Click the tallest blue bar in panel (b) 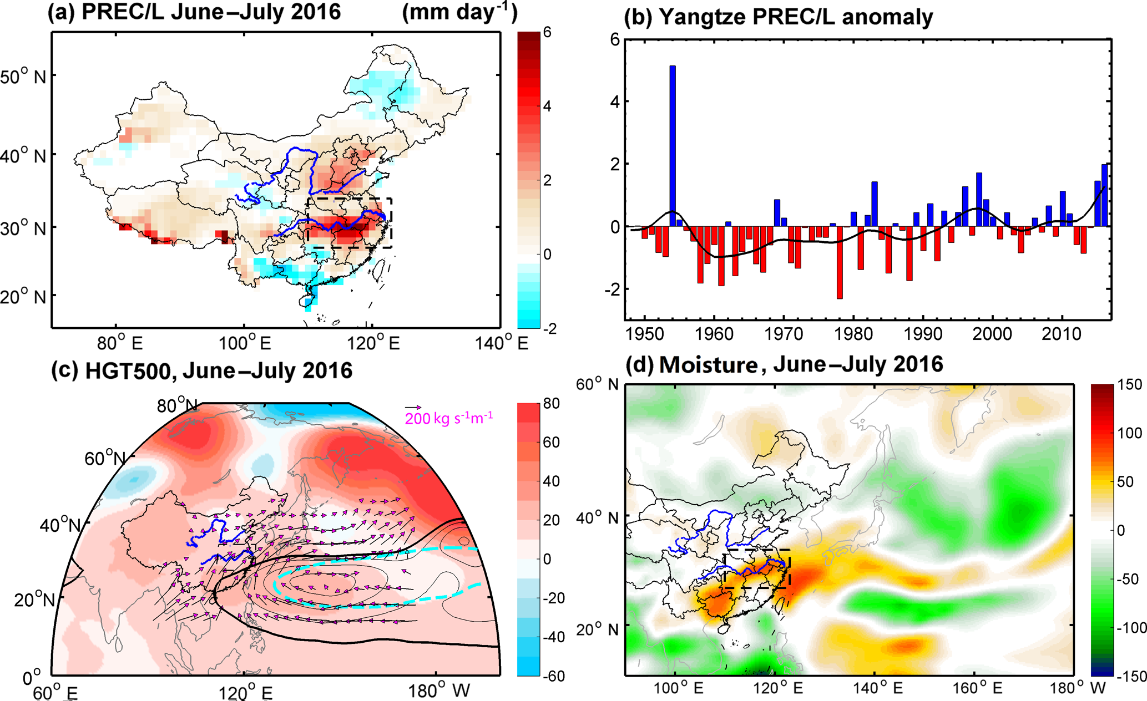point(673,146)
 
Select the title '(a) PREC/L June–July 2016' point(194,12)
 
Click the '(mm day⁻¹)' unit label point(460,12)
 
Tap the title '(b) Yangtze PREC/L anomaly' point(779,17)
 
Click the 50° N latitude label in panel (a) point(23,77)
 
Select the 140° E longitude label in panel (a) point(502,343)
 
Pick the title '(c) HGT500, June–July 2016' point(201,370)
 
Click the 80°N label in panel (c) point(177,405)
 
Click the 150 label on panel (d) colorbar point(1130,385)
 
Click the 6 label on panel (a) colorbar point(547,32)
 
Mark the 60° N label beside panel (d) point(597,384)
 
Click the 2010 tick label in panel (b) point(1062,334)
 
